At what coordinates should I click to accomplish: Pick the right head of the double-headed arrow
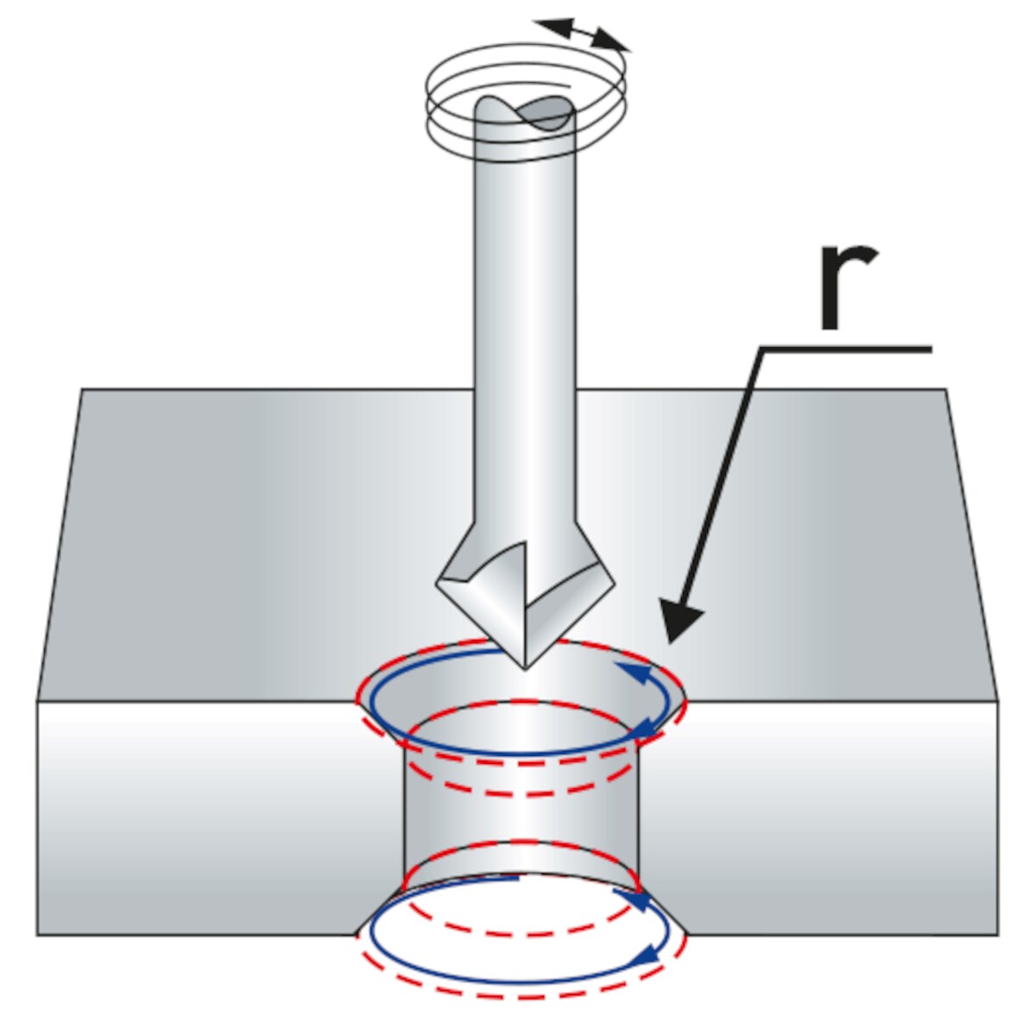[x=612, y=42]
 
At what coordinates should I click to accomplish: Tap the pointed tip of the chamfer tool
[x=525, y=670]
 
